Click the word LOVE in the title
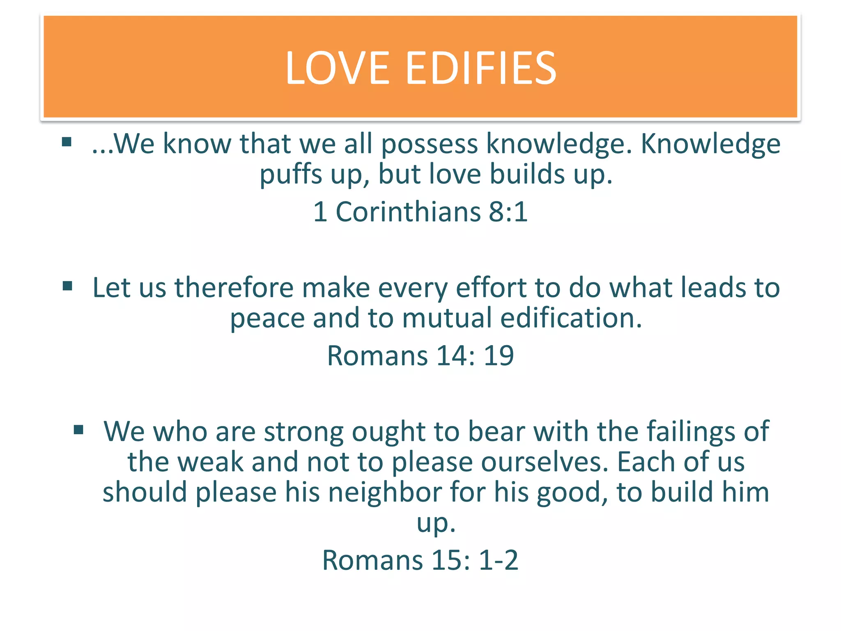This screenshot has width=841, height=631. coord(337,68)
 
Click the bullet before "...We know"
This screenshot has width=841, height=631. coord(67,143)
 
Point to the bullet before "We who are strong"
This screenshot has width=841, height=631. coord(78,430)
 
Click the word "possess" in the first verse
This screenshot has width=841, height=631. coord(430,145)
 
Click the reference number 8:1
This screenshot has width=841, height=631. coord(508,212)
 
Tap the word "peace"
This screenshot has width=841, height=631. coord(267,319)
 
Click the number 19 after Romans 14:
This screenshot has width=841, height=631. coord(499,355)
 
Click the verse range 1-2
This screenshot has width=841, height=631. coord(499,560)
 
